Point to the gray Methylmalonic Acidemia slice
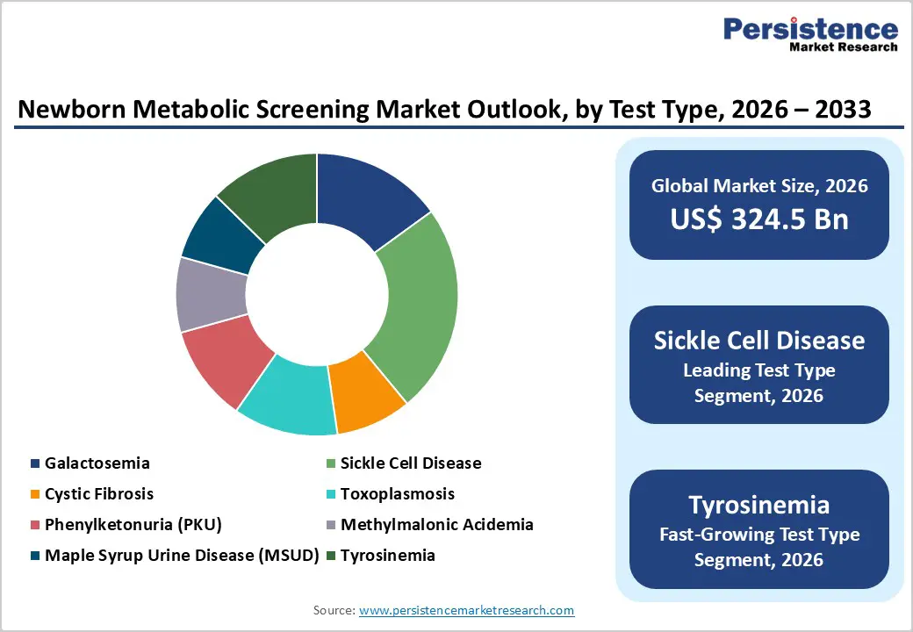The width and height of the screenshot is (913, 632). tap(210, 294)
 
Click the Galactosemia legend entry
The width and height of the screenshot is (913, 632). tap(97, 463)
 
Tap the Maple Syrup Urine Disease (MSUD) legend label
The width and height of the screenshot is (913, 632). tap(181, 556)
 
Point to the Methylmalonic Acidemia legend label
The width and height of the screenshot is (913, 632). tap(436, 525)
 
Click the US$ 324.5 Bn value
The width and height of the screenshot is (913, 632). tap(759, 219)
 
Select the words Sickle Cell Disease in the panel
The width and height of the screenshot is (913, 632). tap(759, 341)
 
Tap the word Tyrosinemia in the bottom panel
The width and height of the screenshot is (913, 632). tap(759, 505)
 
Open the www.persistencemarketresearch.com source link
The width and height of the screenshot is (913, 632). tap(466, 610)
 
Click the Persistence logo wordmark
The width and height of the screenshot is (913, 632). tap(810, 30)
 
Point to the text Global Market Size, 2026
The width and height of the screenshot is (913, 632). tap(759, 186)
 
